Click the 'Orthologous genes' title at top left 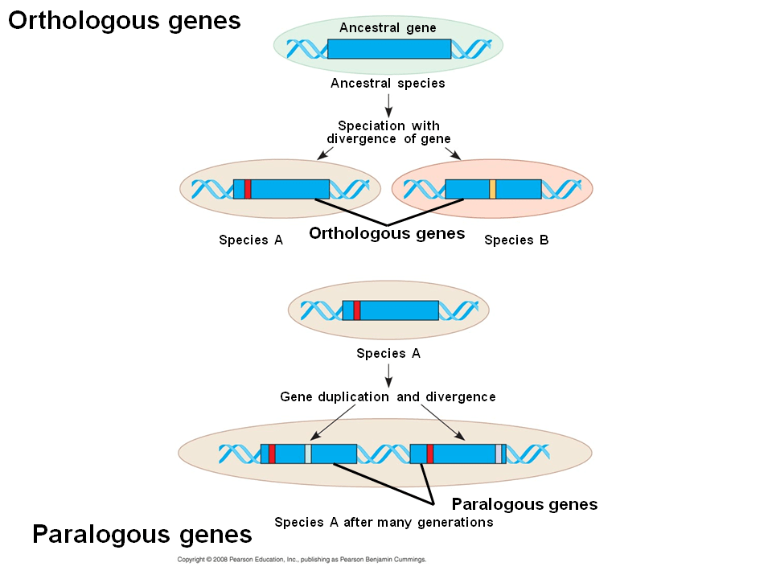pyautogui.click(x=125, y=20)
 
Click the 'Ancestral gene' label pyautogui.click(x=388, y=28)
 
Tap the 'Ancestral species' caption pyautogui.click(x=388, y=83)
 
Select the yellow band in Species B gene pyautogui.click(x=492, y=189)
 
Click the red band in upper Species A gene pyautogui.click(x=248, y=189)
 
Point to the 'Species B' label pyautogui.click(x=516, y=240)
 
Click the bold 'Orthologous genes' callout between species pyautogui.click(x=387, y=233)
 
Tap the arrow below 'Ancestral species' pyautogui.click(x=388, y=103)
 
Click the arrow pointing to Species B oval pyautogui.click(x=453, y=153)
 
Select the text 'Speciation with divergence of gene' pyautogui.click(x=388, y=132)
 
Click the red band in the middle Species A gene pyautogui.click(x=357, y=310)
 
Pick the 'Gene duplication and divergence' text pyautogui.click(x=388, y=396)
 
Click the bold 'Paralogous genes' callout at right pyautogui.click(x=524, y=504)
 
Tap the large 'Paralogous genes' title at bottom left pyautogui.click(x=142, y=534)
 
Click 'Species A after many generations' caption pyautogui.click(x=384, y=522)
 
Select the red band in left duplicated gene pyautogui.click(x=272, y=454)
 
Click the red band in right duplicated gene pyautogui.click(x=430, y=454)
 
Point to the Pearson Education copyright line pyautogui.click(x=302, y=560)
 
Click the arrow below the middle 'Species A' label pyautogui.click(x=388, y=373)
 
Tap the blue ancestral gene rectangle pyautogui.click(x=388, y=48)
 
